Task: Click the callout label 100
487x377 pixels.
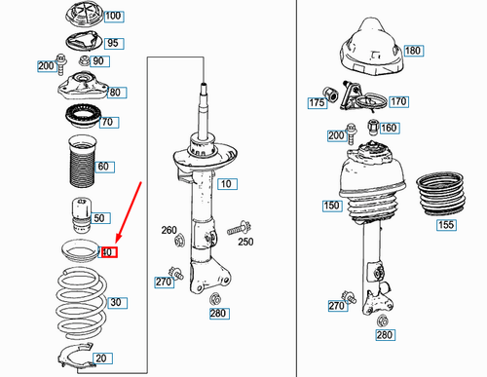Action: click(114, 16)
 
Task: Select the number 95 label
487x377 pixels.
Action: click(114, 43)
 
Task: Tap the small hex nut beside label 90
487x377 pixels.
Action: click(84, 60)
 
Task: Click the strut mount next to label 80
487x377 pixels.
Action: click(83, 86)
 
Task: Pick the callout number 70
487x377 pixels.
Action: click(109, 123)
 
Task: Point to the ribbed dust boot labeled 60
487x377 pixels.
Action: click(82, 161)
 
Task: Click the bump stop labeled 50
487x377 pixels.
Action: click(82, 214)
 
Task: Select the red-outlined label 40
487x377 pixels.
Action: click(109, 252)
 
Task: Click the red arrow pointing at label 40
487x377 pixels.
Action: click(129, 212)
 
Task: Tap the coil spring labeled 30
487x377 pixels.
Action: click(81, 303)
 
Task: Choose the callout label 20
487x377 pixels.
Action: click(102, 358)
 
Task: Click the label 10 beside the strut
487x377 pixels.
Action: click(227, 184)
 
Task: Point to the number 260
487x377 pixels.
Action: click(169, 230)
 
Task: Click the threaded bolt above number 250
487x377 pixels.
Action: click(239, 228)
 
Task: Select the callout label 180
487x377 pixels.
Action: click(414, 51)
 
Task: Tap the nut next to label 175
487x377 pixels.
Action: click(331, 94)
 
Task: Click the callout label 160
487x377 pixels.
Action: click(390, 128)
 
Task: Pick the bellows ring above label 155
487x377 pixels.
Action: click(441, 194)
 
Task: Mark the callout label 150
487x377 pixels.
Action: click(332, 206)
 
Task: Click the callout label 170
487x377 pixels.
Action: click(398, 102)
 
